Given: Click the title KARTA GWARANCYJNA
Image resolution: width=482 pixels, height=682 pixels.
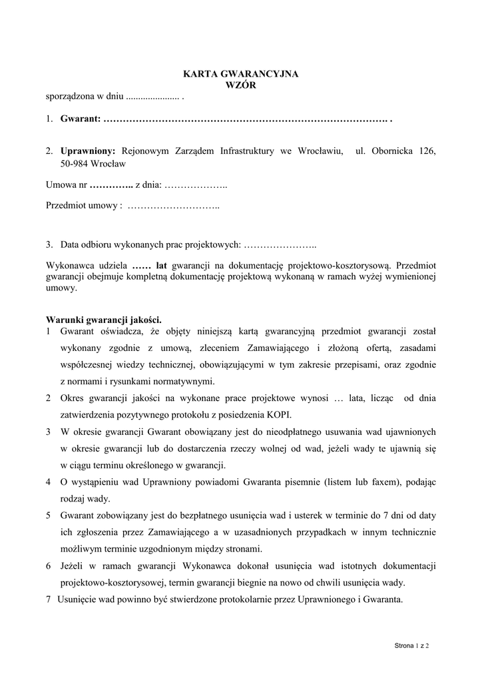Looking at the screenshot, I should coord(241,75).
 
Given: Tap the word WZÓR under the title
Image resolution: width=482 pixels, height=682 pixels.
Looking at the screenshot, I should coord(241,85).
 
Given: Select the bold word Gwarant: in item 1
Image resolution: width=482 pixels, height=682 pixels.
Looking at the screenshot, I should coord(80,119).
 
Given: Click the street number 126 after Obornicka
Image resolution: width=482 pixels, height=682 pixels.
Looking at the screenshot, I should coord(427,151).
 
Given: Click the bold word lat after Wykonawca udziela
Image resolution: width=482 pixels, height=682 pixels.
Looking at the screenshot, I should coord(164,264).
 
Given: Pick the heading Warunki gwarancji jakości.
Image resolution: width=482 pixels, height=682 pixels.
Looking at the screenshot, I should coord(104,319).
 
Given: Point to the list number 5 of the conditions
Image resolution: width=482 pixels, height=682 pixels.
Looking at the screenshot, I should coord(49,515).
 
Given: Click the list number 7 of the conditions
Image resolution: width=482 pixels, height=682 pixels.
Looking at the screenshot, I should coord(49,599).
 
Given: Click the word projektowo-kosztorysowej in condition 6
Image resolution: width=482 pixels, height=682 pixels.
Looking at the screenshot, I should coord(113,583).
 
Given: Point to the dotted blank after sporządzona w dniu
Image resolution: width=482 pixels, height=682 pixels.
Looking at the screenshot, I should coord(152,97).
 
